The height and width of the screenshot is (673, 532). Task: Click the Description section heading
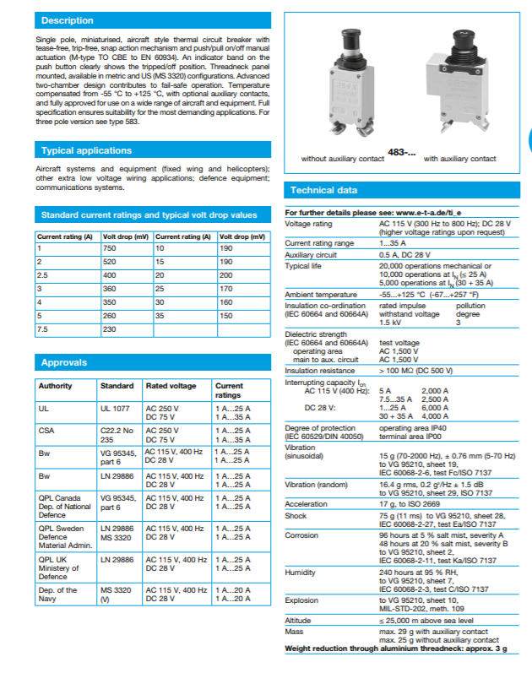pyautogui.click(x=68, y=19)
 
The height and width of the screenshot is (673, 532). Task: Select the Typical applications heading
pyautogui.click(x=86, y=150)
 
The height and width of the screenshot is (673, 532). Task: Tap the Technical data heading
pyautogui.click(x=323, y=190)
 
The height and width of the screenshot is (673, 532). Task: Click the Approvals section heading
pyautogui.click(x=64, y=362)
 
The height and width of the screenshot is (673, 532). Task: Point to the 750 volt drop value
pyautogui.click(x=110, y=249)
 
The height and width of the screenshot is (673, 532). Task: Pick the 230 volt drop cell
pyautogui.click(x=110, y=328)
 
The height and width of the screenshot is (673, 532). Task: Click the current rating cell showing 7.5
pyautogui.click(x=43, y=328)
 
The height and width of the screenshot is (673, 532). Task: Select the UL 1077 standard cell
pyautogui.click(x=114, y=408)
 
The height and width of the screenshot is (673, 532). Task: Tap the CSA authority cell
pyautogui.click(x=46, y=430)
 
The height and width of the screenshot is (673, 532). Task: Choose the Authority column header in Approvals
pyautogui.click(x=56, y=386)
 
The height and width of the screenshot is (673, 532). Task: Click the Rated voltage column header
pyautogui.click(x=171, y=386)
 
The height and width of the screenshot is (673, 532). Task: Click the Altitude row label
pyautogui.click(x=298, y=621)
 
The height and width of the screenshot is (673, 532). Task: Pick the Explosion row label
pyautogui.click(x=301, y=600)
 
